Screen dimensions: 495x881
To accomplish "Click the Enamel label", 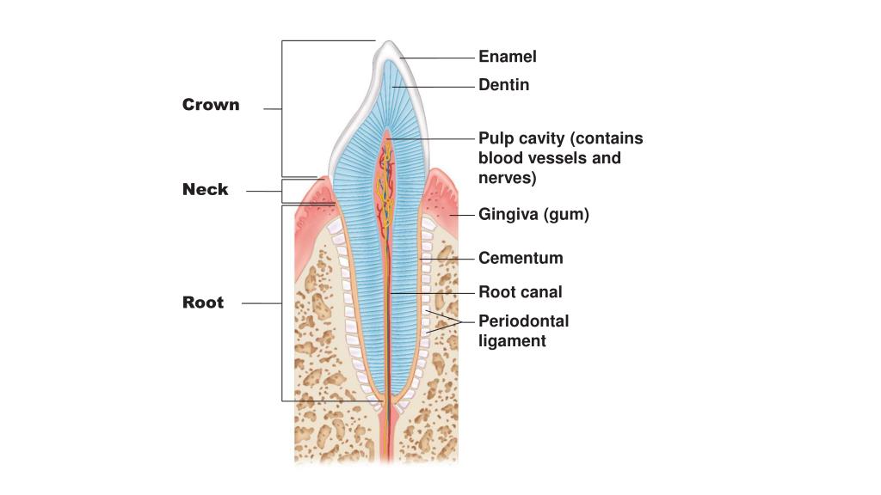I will (x=507, y=58).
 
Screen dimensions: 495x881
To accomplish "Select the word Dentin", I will (x=503, y=85).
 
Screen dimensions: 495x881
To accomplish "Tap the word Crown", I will (x=211, y=105).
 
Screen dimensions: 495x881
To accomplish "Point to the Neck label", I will (x=205, y=190).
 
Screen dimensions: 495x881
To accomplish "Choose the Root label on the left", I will (x=203, y=302).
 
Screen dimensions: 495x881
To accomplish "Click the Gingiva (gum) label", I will (x=533, y=215).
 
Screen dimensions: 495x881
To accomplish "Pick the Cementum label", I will (x=521, y=258).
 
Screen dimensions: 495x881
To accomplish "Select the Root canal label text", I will (x=520, y=292).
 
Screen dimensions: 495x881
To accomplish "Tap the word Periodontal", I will (x=523, y=321).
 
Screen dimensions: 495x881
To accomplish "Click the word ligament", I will (x=512, y=341).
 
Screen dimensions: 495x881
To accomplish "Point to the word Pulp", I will (x=496, y=139).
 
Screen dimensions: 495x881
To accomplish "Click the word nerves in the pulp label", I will (x=507, y=179).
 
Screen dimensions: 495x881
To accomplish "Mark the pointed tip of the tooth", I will (x=387, y=44).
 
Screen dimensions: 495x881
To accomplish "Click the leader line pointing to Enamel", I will (x=439, y=58).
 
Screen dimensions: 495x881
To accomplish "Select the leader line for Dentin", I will (x=434, y=87).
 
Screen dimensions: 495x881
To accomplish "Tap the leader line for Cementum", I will (x=449, y=258).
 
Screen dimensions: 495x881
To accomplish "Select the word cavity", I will (x=542, y=139).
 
